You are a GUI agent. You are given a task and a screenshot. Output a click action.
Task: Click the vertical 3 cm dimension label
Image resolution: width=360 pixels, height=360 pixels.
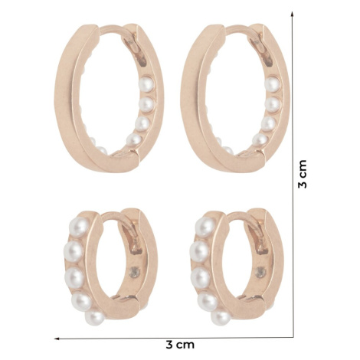(303, 174)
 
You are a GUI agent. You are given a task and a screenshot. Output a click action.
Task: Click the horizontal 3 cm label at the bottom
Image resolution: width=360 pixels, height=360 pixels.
(180, 345)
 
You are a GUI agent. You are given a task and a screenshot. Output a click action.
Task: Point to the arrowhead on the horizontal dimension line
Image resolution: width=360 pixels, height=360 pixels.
(57, 339)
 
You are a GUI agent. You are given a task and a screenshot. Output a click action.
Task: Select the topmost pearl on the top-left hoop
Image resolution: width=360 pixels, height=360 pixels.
(146, 84)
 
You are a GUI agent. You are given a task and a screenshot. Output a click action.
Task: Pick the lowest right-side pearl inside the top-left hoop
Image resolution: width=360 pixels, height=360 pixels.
(134, 140)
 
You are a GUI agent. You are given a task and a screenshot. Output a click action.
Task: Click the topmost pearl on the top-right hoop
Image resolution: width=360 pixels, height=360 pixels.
(272, 84)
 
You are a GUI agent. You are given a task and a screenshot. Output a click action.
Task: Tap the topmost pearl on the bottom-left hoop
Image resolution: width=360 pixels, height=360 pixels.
(80, 227)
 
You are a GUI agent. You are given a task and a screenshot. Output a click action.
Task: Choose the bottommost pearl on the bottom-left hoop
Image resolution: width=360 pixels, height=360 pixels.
(95, 318)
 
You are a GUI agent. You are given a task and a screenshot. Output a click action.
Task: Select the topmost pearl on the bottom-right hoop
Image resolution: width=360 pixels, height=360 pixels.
(205, 227)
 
